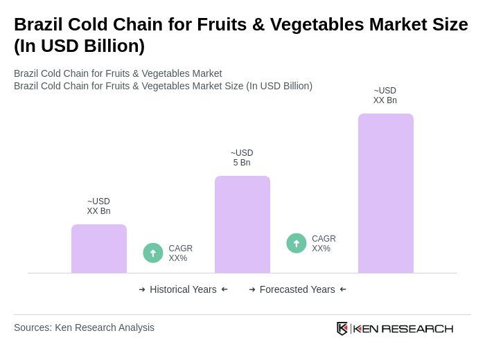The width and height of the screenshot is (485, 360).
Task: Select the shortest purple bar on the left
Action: pos(99,249)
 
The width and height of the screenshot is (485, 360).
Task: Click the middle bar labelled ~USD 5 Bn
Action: pos(242,224)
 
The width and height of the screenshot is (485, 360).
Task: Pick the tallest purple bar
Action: pos(385,193)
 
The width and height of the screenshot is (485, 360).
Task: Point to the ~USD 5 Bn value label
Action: pos(242,158)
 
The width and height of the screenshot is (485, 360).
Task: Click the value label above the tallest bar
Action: pos(385,96)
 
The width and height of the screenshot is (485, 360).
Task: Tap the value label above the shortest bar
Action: pos(98,206)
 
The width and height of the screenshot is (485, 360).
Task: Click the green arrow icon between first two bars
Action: pos(153,253)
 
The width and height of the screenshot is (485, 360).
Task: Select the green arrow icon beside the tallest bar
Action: pos(297,243)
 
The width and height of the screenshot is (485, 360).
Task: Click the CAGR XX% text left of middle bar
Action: pos(180,253)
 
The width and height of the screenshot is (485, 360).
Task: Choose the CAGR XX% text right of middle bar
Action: pos(324,244)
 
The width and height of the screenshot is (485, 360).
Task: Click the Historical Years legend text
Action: pos(183,289)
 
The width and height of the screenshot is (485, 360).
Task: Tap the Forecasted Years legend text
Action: pos(297,289)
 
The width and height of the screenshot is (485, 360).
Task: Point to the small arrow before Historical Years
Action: pos(142,289)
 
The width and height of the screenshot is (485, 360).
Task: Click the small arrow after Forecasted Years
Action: pos(343,289)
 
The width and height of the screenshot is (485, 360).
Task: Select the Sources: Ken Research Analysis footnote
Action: pos(84,327)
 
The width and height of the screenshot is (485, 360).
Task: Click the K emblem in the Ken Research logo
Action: pos(342,328)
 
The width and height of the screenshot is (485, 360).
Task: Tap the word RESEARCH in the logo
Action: pos(417,328)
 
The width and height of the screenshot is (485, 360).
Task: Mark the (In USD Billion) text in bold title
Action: pos(79,46)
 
